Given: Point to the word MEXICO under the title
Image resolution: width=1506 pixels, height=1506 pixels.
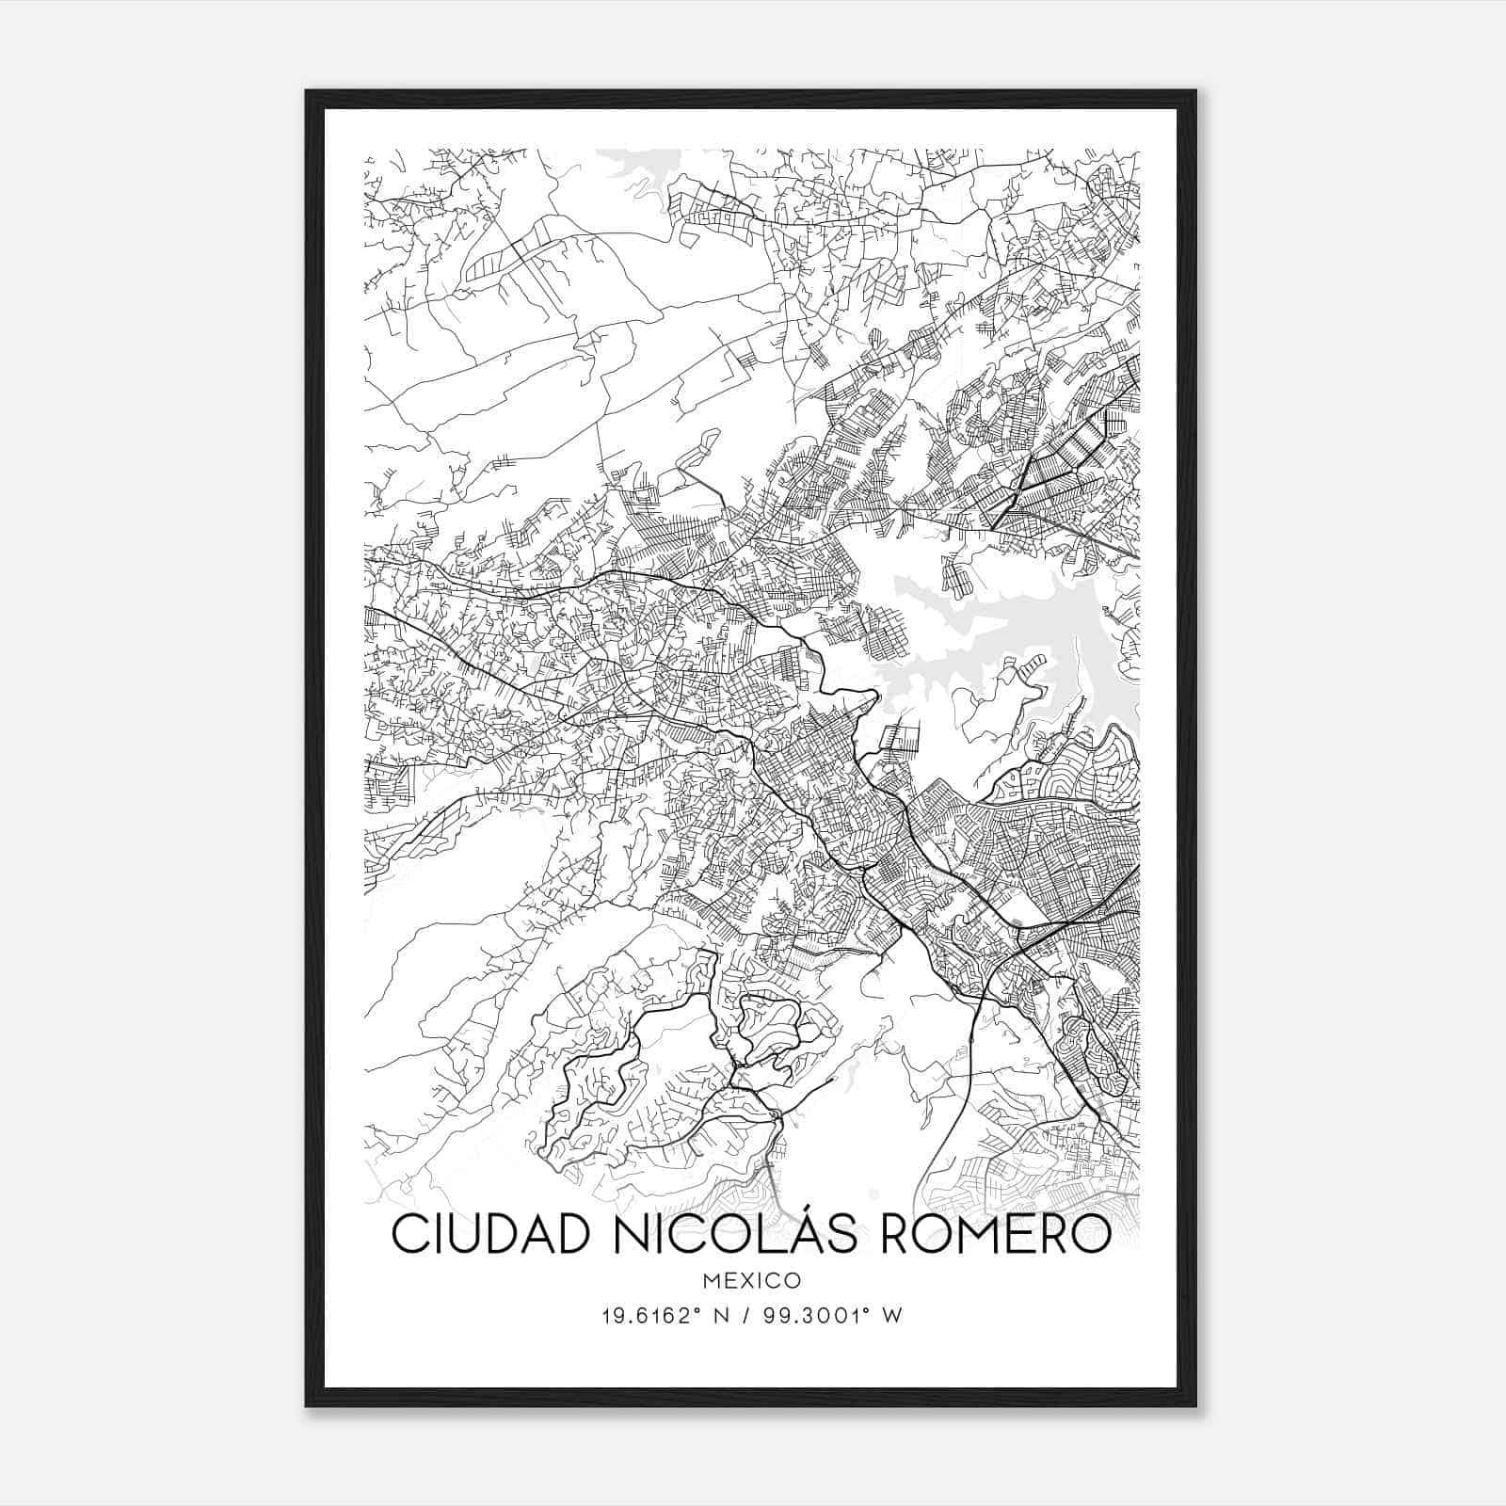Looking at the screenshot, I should click(751, 1281).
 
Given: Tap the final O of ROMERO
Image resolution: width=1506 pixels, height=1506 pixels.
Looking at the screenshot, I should click(1092, 1235).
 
